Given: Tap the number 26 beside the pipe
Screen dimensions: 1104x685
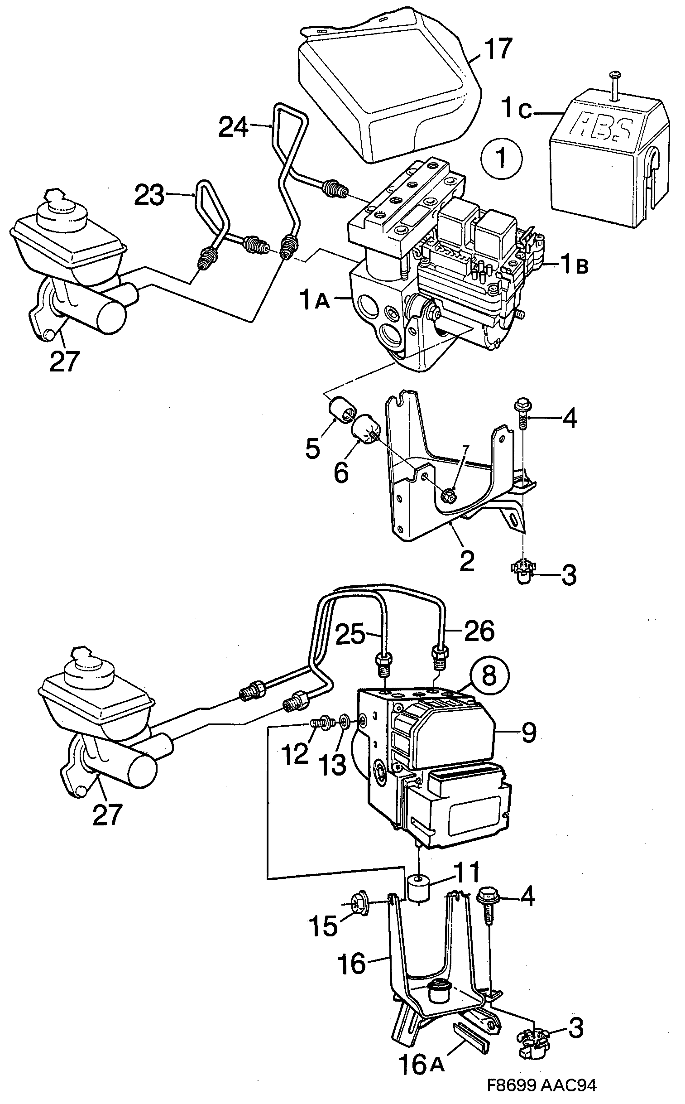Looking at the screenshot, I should click(479, 632).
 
